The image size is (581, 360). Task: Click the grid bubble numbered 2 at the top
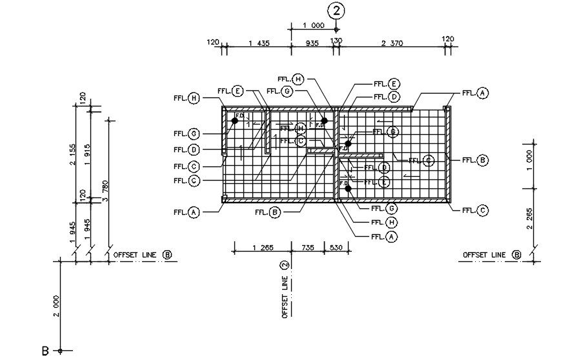point(336,10)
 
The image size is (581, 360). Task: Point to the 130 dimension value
point(336,41)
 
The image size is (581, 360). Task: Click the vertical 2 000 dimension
point(56,306)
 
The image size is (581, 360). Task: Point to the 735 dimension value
point(310,247)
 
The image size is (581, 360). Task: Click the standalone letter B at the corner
point(45,352)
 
